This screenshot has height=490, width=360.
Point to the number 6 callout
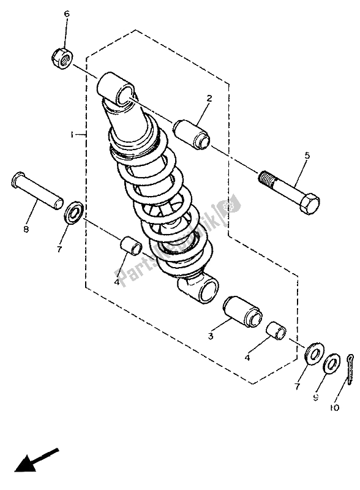point(67,14)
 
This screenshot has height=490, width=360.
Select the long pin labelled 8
point(37,189)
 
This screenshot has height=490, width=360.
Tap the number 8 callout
point(26,230)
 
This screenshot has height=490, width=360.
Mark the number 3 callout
point(209,336)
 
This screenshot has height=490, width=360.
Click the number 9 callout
point(316,397)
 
